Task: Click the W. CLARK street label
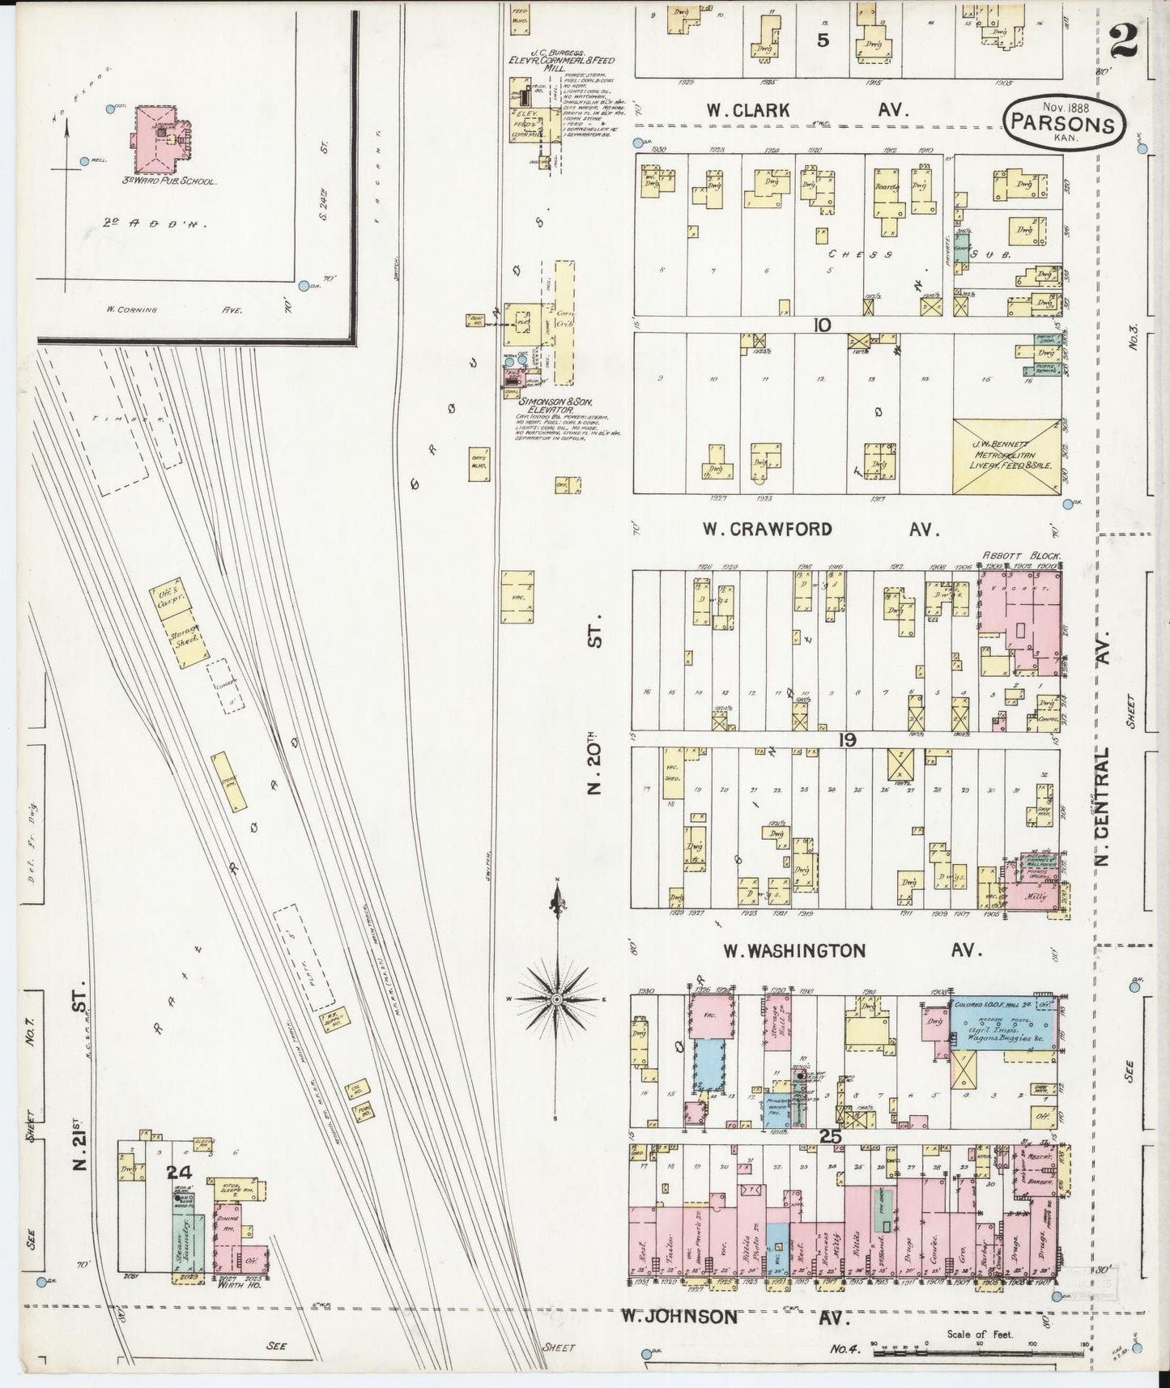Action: point(747,110)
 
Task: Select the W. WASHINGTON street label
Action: point(794,951)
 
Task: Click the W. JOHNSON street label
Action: point(679,1317)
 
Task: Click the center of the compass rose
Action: point(557,1000)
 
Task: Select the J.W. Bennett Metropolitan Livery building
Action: point(1006,456)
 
